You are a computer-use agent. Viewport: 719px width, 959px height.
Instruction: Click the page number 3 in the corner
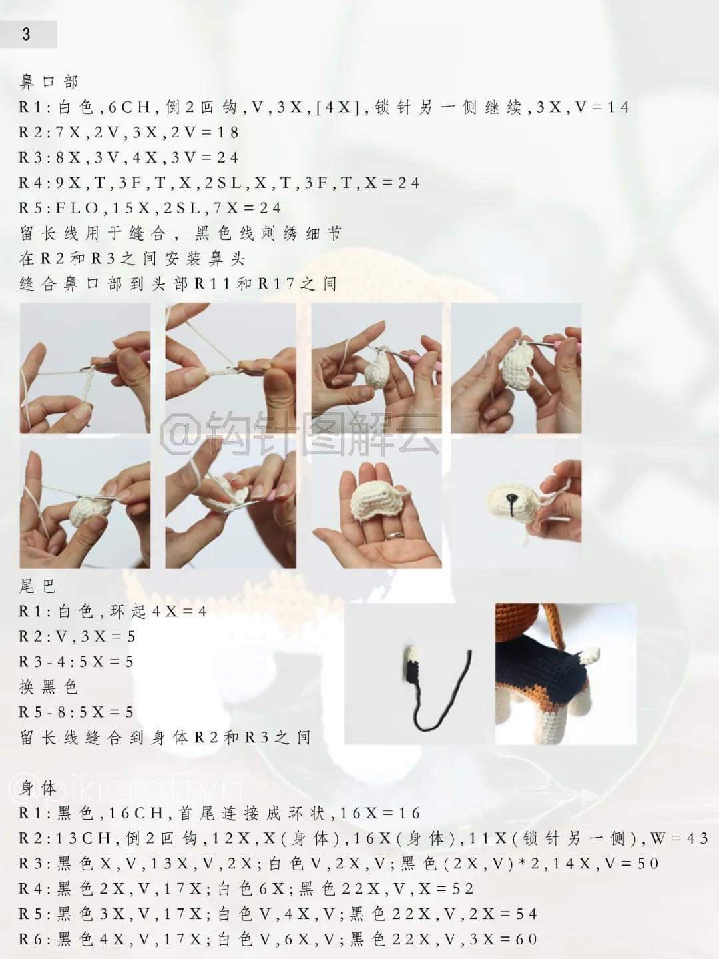[26, 35]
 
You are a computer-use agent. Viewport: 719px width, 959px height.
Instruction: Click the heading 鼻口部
[49, 82]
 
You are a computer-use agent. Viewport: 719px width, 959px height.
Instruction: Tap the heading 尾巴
[38, 586]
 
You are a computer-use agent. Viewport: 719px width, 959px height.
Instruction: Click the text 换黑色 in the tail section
[49, 686]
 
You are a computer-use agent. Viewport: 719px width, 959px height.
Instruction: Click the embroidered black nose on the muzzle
[511, 500]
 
